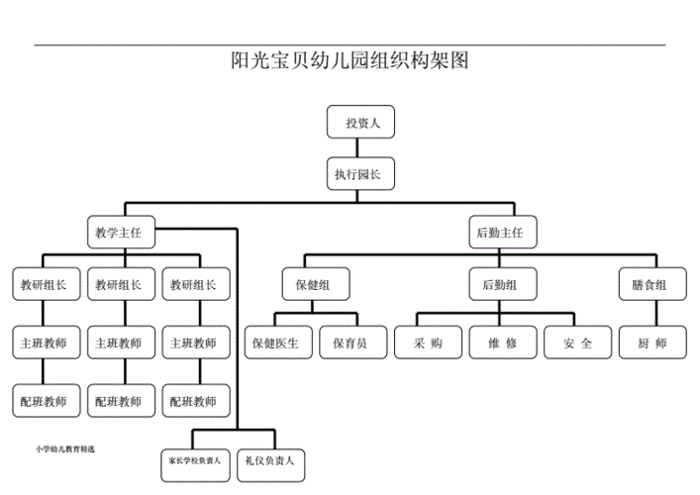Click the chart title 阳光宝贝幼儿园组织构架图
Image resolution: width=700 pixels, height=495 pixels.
[350, 61]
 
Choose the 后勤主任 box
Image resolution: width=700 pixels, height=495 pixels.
[500, 234]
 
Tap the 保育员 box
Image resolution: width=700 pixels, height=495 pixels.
[350, 343]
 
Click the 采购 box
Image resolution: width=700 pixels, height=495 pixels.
[425, 343]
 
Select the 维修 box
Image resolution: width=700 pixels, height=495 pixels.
[501, 343]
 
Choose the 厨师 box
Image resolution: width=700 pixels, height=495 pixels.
[650, 343]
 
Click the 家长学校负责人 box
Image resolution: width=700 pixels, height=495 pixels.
[196, 460]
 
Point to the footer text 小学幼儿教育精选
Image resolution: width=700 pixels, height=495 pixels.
[65, 448]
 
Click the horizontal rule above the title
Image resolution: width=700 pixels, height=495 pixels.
[350, 45]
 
